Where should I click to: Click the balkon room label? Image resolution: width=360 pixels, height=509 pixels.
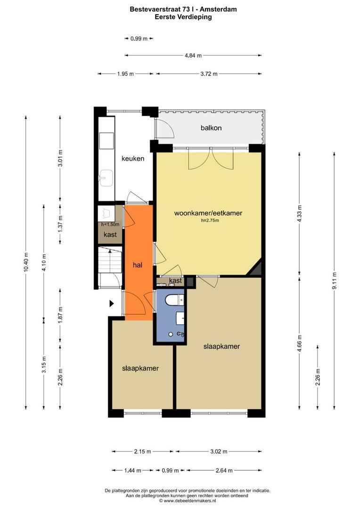pos(211,128)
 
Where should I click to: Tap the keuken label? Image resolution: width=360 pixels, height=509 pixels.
pos(133,158)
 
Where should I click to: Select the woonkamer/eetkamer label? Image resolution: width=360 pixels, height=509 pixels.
pos(208,213)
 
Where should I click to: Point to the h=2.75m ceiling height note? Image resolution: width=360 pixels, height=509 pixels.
pos(208,220)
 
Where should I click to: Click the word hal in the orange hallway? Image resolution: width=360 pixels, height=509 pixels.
pos(138,265)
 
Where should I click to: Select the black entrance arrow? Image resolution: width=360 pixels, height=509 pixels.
pos(112,304)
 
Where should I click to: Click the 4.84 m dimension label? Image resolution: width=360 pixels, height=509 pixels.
pos(193,55)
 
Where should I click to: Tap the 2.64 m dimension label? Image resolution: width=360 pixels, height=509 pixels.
pos(223,470)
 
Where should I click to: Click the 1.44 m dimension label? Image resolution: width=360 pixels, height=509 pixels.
pos(133,470)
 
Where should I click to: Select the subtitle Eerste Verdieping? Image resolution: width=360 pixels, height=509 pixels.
pos(183,16)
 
